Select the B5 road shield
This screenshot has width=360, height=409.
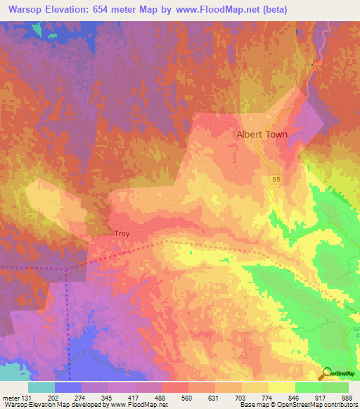tap(276, 181)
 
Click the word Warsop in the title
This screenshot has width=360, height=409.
tap(22, 10)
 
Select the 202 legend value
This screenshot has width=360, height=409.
tap(69, 397)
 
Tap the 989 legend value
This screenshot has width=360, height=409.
tap(345, 397)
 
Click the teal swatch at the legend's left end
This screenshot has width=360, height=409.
tap(41, 387)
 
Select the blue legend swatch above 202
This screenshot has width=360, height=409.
tap(68, 387)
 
